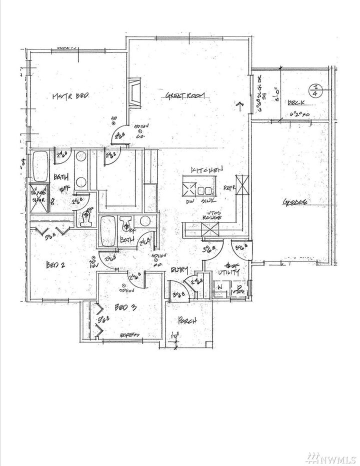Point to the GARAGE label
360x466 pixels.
coord(295,202)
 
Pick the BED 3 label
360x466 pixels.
coord(126,308)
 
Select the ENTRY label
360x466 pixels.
coord(178,270)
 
